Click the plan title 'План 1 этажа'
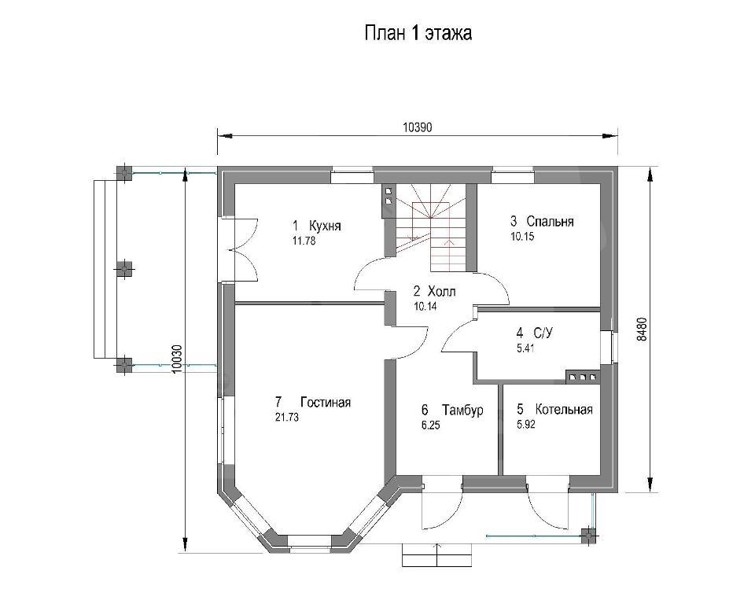(418, 34)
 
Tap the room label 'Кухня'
(325, 226)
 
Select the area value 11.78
(304, 241)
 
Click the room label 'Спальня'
(550, 221)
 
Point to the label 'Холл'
(441, 291)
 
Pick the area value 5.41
(525, 348)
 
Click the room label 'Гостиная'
(326, 402)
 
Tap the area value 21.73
(286, 418)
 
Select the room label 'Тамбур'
(462, 410)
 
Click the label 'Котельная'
(564, 410)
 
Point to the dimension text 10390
(418, 127)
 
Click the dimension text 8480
(642, 329)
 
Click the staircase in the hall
(431, 227)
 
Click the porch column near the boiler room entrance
(587, 535)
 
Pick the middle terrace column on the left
(125, 268)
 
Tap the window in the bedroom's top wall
(513, 175)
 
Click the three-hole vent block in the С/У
(583, 377)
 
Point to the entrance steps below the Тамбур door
(437, 555)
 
